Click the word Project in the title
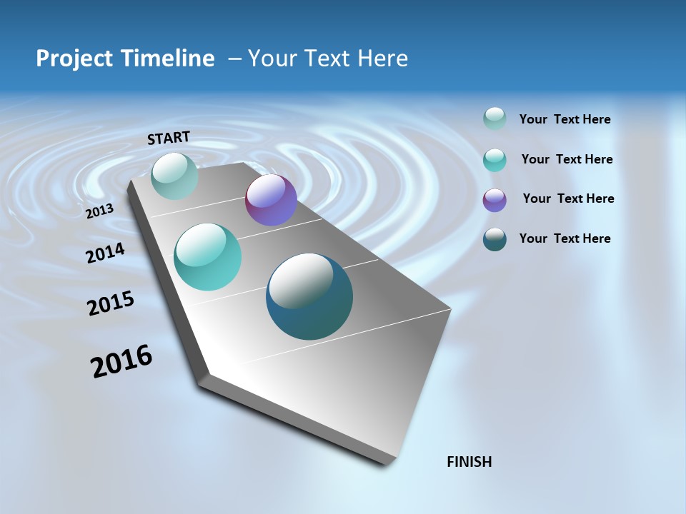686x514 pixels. (75, 59)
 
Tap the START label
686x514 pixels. (169, 138)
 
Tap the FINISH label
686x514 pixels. (469, 462)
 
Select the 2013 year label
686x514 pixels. (99, 211)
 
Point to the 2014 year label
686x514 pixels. (105, 253)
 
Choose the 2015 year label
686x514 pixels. (110, 303)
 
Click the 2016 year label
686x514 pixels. (121, 361)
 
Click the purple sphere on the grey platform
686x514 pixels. (271, 200)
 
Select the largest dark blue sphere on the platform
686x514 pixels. (309, 297)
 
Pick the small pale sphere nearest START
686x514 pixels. (174, 176)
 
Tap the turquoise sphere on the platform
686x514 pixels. (207, 257)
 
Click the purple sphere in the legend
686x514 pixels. (494, 200)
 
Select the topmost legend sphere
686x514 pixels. (494, 119)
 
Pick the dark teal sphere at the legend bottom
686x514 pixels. (494, 239)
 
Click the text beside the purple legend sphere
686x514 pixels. (568, 198)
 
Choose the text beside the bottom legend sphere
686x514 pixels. (565, 238)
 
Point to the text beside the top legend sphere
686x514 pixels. (565, 119)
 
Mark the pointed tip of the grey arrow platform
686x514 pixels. (386, 463)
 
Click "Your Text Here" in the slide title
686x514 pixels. (327, 59)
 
